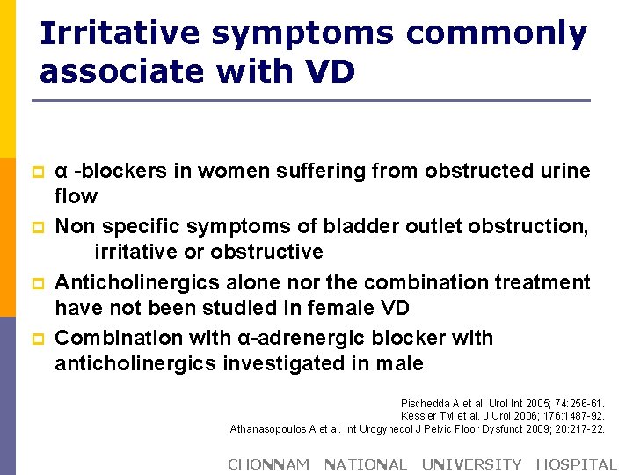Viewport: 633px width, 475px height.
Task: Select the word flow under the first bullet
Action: pyautogui.click(x=76, y=195)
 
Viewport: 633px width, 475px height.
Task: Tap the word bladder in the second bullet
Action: pyautogui.click(x=366, y=227)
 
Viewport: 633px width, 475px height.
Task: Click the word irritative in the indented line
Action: pyautogui.click(x=135, y=252)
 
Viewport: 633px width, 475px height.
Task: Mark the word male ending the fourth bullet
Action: pyautogui.click(x=400, y=363)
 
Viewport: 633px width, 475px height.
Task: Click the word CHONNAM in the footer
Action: pyautogui.click(x=268, y=464)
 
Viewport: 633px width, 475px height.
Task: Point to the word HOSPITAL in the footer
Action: pyautogui.click(x=576, y=464)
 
